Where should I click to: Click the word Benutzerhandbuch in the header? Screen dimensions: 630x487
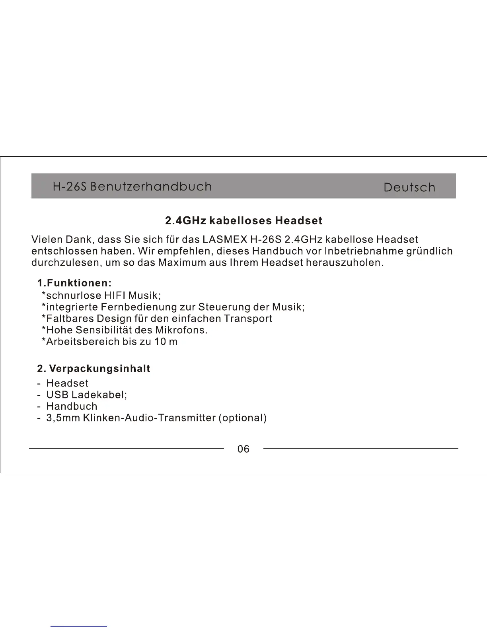click(151, 187)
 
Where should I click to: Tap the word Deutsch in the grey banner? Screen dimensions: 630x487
click(409, 188)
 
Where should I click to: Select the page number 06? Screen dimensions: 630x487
click(243, 449)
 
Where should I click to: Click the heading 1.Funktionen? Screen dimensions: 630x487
click(74, 283)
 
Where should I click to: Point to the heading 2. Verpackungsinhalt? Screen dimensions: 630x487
click(94, 369)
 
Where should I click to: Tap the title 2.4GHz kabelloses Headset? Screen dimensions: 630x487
click(243, 221)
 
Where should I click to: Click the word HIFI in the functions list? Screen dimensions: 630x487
click(115, 296)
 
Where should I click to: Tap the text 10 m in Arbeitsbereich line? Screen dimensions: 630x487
click(166, 342)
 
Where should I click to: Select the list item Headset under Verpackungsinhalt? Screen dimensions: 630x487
click(67, 383)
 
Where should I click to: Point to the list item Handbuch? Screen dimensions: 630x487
click(72, 406)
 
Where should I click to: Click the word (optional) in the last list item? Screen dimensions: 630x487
click(243, 418)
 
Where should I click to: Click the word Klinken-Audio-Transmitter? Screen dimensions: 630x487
click(149, 418)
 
